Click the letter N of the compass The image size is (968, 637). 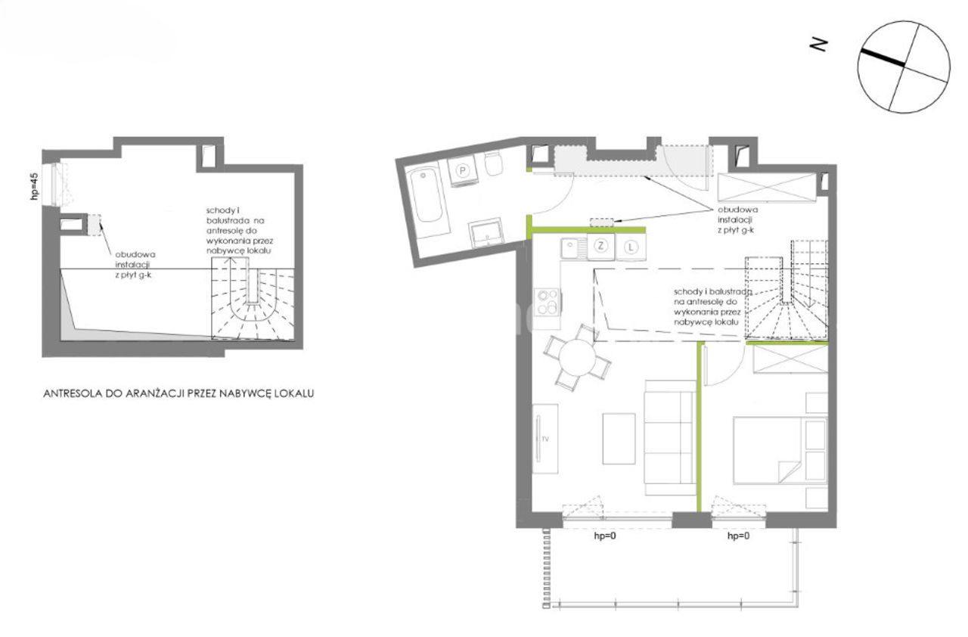[x=818, y=45]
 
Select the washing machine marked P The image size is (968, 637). [x=462, y=171]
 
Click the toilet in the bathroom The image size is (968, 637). [x=494, y=163]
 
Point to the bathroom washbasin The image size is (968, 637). [x=486, y=233]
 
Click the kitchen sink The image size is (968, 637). [x=573, y=248]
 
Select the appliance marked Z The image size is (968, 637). [x=600, y=247]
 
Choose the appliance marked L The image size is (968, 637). [x=631, y=247]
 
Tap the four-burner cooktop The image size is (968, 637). [x=548, y=302]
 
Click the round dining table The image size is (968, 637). [x=577, y=358]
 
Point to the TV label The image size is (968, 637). [x=545, y=439]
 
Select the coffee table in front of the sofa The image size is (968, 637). [x=619, y=439]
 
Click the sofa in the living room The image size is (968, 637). [x=670, y=437]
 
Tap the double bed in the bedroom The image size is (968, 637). [x=780, y=450]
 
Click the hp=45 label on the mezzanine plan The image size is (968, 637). [x=35, y=187]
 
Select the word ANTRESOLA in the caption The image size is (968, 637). [x=73, y=393]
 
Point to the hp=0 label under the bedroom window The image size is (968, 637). [x=739, y=536]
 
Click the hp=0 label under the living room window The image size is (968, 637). [x=605, y=536]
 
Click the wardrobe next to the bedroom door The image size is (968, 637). [x=790, y=359]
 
